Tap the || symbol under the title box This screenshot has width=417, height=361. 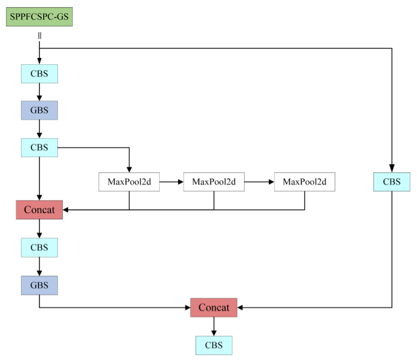[40, 35]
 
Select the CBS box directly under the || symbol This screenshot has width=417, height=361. [40, 74]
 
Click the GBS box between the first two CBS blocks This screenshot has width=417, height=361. [40, 111]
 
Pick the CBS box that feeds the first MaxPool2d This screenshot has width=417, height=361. [40, 148]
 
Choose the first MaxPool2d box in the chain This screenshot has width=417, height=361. [129, 182]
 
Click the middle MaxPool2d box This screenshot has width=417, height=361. [214, 182]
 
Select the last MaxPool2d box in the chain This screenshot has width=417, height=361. [305, 182]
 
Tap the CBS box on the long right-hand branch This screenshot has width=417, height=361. [391, 182]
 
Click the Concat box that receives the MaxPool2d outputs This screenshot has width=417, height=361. [40, 210]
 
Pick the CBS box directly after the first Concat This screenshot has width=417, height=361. [40, 247]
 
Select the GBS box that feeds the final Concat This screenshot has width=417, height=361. [40, 285]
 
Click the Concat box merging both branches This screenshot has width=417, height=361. [214, 307]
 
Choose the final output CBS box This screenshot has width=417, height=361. [214, 345]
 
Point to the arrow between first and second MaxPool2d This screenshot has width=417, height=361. [171, 182]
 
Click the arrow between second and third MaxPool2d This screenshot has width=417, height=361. [259, 182]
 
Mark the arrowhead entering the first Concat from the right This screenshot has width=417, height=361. [66, 210]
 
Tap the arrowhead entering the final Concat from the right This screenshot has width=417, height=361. [241, 307]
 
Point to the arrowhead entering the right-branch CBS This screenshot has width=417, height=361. [391, 169]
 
